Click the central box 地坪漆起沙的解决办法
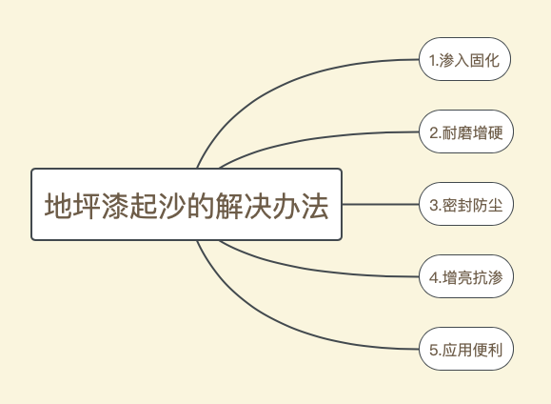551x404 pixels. [x=187, y=205]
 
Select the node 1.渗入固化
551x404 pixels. [x=464, y=59]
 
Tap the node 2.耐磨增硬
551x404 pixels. [x=466, y=131]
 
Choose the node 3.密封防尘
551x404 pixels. [x=466, y=204]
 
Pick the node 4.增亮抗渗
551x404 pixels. [x=466, y=276]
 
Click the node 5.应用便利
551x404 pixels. [x=466, y=349]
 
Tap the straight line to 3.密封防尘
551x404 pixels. [x=381, y=204]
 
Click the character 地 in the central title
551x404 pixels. [x=58, y=206]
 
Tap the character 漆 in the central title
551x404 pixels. [x=115, y=206]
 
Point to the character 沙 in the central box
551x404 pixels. [x=172, y=206]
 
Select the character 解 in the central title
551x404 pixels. [x=229, y=206]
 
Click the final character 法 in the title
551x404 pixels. [x=314, y=206]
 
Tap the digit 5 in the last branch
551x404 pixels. [x=434, y=350]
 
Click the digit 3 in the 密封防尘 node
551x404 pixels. [x=434, y=205]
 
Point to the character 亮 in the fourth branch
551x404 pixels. [x=464, y=277]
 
